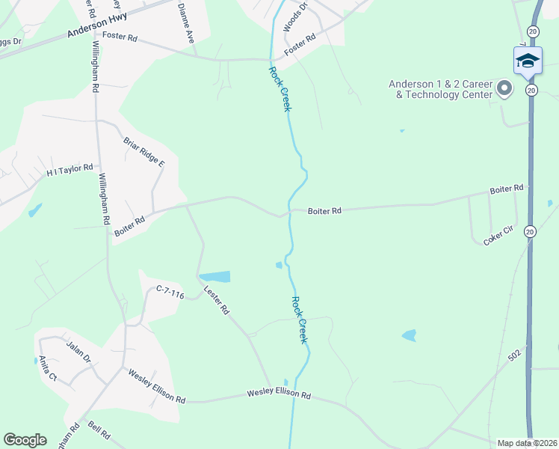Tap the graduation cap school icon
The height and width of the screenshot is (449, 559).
tap(528, 61)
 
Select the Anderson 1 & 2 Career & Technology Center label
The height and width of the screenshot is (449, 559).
tap(440, 90)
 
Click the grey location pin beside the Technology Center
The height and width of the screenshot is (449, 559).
tap(504, 89)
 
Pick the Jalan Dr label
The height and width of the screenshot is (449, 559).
tap(78, 350)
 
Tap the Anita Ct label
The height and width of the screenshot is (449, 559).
tap(48, 367)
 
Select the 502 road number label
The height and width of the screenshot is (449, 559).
tap(514, 358)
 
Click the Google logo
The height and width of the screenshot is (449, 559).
tap(25, 440)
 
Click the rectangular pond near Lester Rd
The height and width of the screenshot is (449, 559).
tap(214, 276)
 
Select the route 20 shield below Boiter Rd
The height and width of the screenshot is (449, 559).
tap(530, 231)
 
